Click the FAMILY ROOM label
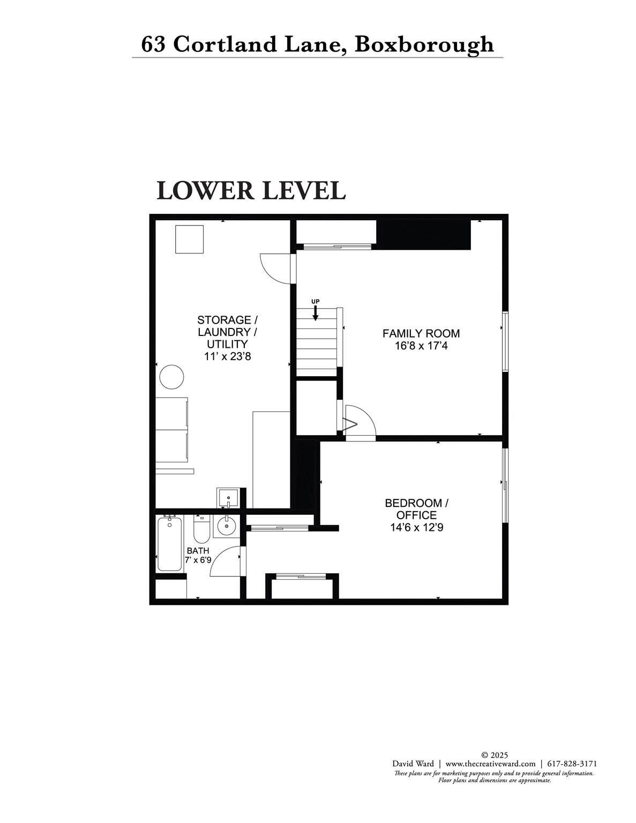click(x=421, y=333)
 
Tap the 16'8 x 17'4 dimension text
click(x=421, y=346)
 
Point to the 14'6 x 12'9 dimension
click(x=417, y=527)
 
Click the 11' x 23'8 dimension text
click(x=228, y=356)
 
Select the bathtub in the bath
click(x=169, y=543)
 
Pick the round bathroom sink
click(x=227, y=526)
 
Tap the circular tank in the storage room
click(x=171, y=377)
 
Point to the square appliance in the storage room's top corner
click(x=189, y=240)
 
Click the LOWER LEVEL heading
click(x=251, y=191)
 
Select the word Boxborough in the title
click(x=424, y=45)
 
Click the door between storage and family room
click(x=278, y=268)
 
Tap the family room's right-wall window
click(x=505, y=341)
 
